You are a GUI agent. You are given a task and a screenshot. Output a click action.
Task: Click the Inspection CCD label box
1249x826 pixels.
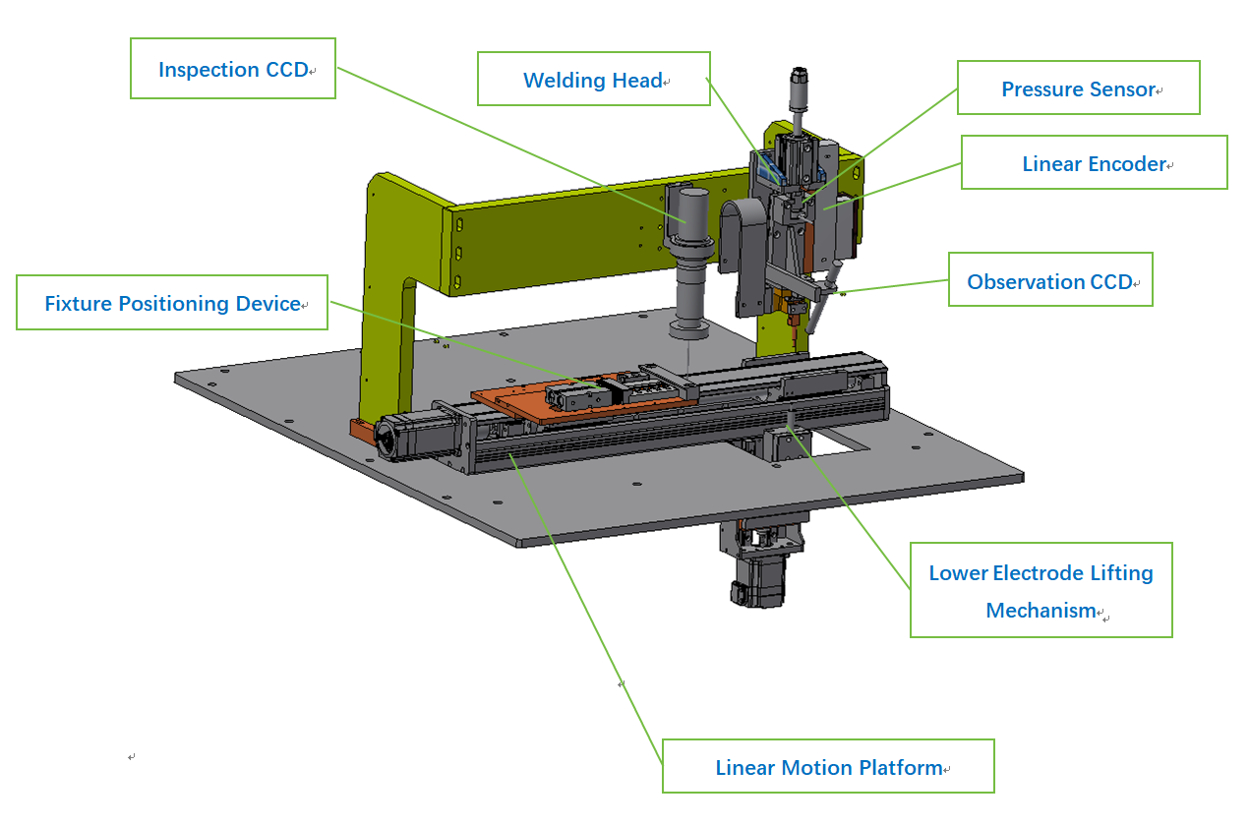tap(233, 69)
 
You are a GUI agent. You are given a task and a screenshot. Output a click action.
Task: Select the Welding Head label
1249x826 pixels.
tap(594, 79)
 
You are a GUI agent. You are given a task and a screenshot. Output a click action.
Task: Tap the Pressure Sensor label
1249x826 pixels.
tap(1079, 88)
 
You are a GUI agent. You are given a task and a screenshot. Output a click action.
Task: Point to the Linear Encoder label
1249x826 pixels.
tap(1095, 163)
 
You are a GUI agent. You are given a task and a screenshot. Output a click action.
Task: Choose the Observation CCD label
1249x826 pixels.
tap(1050, 280)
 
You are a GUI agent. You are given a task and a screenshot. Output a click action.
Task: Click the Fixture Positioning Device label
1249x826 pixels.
tap(172, 303)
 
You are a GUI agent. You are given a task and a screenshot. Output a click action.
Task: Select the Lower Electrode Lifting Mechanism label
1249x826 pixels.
tap(1041, 590)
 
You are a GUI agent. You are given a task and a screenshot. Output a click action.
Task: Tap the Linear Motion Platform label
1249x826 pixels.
tap(828, 766)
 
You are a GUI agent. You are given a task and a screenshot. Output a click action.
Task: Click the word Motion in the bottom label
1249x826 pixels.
tap(817, 767)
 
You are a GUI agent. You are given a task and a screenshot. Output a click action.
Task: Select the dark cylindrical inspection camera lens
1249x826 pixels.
tap(690, 262)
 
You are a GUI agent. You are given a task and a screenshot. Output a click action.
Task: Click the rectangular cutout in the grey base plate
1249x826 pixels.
tap(831, 443)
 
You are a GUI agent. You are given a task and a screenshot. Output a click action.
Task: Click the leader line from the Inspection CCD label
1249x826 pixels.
tap(511, 145)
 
